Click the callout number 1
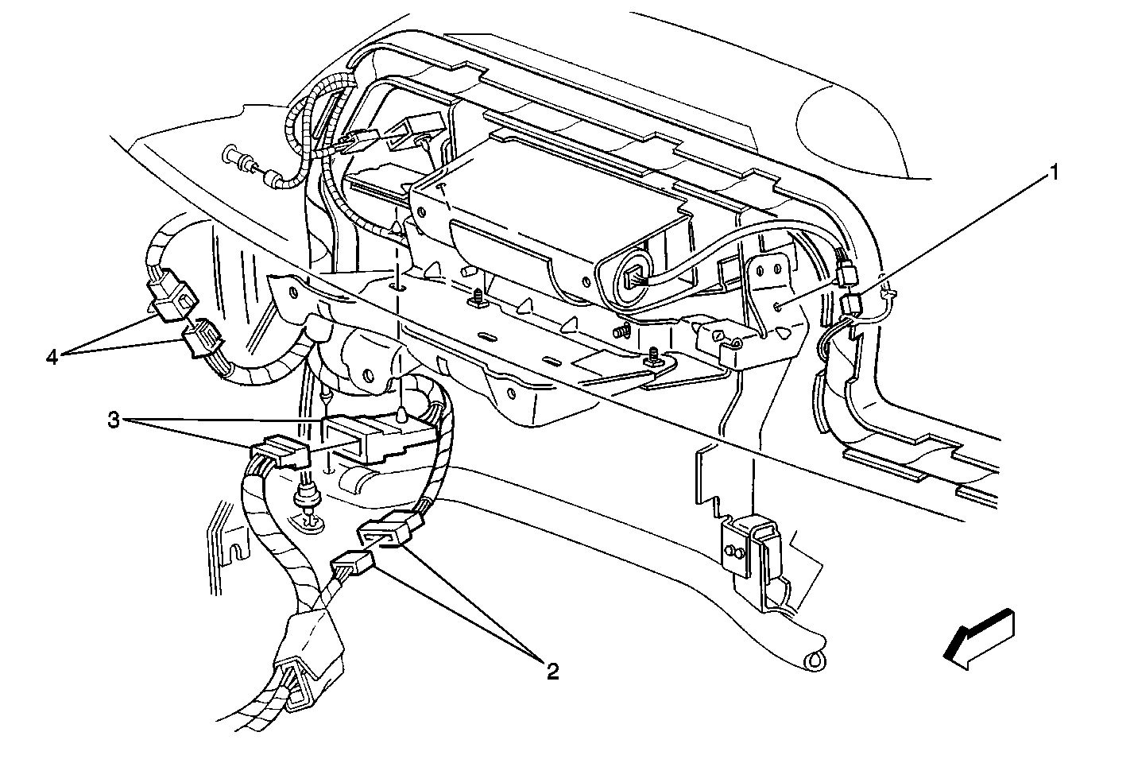click(x=1053, y=173)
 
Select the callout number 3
click(x=114, y=420)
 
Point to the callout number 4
click(x=52, y=358)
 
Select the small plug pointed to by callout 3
click(x=280, y=451)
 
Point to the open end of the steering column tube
click(x=815, y=660)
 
